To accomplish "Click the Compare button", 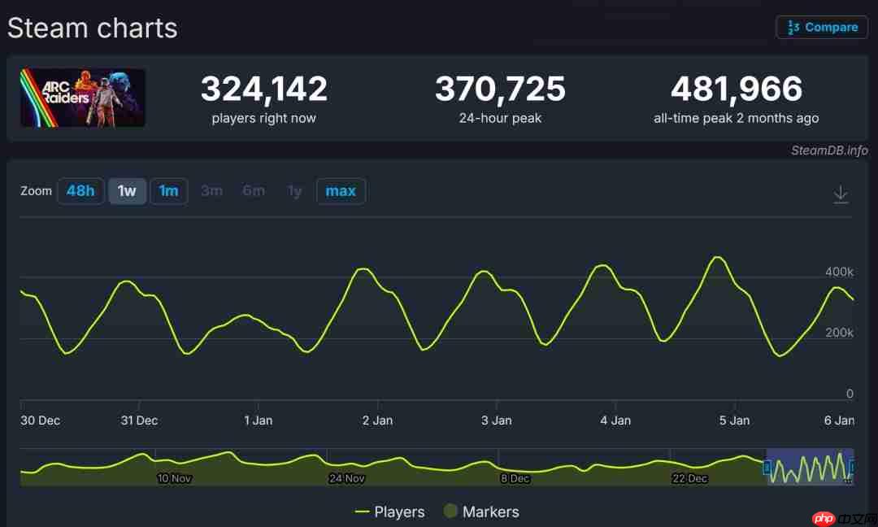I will [x=822, y=27].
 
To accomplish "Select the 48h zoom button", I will [x=80, y=191].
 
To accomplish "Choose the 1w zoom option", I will [x=127, y=191].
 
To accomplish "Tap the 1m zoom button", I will [x=168, y=191].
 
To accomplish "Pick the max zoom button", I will [x=341, y=191].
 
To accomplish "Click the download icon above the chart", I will [x=841, y=194].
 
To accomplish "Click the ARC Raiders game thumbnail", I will [x=83, y=98].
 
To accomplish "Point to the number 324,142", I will [x=264, y=89].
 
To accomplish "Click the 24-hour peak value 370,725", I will [x=500, y=89].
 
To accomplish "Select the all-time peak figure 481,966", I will [x=736, y=89].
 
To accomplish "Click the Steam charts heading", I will [x=93, y=28].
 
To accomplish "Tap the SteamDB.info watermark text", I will [x=829, y=150].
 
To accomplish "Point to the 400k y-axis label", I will [x=839, y=272].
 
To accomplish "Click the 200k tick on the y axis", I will [x=839, y=333].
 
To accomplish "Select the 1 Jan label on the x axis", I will [x=259, y=420].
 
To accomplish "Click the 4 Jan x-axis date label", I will [x=615, y=420].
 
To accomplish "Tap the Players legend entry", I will [x=390, y=512].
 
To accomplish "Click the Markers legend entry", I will [x=481, y=512].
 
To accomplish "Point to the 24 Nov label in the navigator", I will [x=346, y=478].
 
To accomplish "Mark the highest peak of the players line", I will [x=716, y=257].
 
